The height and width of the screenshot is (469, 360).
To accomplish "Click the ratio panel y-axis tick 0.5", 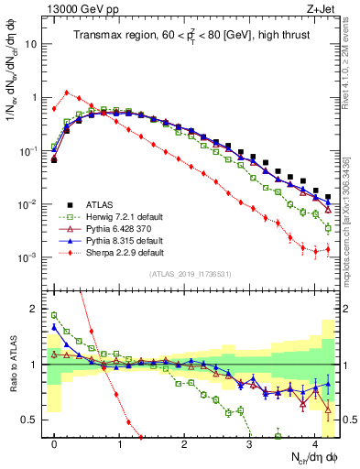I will pyautogui.click(x=34, y=420).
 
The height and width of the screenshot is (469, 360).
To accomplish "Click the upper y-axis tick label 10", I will pyautogui.click(x=34, y=43).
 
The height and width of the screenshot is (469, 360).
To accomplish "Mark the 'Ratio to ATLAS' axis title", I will pyautogui.click(x=12, y=364).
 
